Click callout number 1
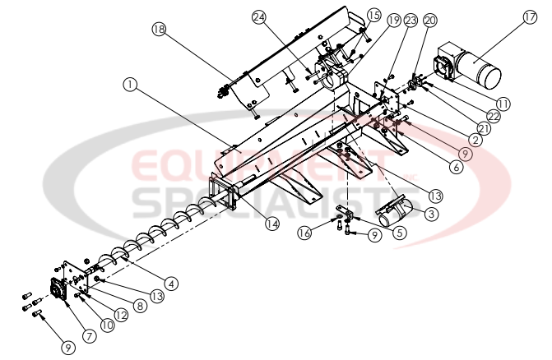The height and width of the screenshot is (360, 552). click(129, 84)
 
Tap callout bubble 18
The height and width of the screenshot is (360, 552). click(159, 30)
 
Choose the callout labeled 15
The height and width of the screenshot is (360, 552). click(374, 15)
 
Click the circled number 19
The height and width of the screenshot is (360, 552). click(394, 20)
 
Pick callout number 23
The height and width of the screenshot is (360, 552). click(411, 23)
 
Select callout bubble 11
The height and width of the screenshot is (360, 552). click(503, 104)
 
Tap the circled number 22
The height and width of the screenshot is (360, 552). click(494, 116)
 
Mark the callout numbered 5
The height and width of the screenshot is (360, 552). click(378, 233)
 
